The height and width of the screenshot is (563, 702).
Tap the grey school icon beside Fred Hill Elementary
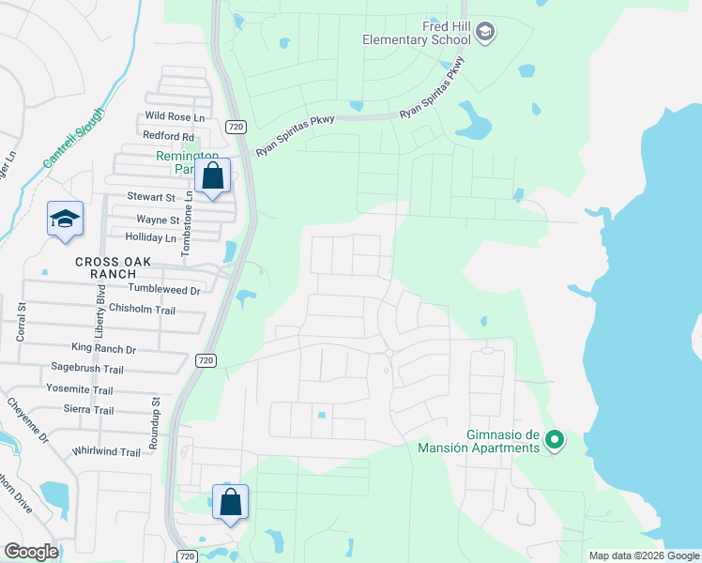click(x=485, y=34)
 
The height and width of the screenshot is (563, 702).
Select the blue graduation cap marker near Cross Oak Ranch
click(x=66, y=221)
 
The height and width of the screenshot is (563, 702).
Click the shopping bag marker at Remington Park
click(x=213, y=176)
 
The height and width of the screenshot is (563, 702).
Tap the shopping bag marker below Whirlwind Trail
click(x=230, y=504)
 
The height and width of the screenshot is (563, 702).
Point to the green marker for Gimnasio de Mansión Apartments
click(x=555, y=439)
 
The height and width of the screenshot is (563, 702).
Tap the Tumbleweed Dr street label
click(x=164, y=291)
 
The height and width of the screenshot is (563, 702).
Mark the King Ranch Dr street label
click(x=105, y=349)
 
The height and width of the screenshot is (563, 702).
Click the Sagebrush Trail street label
click(x=87, y=370)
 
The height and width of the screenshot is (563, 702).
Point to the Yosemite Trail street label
click(x=79, y=390)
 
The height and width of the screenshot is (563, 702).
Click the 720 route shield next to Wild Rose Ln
click(x=235, y=125)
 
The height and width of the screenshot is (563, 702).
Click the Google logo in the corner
click(x=31, y=552)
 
